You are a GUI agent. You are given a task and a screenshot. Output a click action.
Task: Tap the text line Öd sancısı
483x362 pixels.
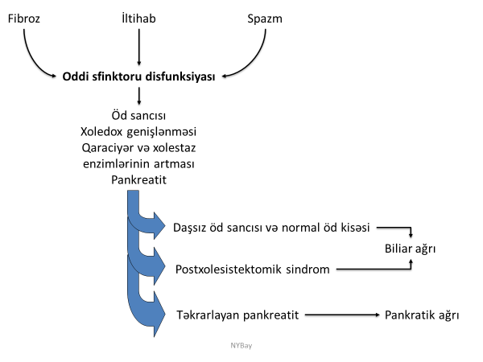point(140,116)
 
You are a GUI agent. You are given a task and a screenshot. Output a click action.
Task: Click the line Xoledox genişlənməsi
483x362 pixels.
point(140,131)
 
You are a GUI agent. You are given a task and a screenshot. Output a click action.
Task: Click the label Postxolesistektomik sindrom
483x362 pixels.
point(252,269)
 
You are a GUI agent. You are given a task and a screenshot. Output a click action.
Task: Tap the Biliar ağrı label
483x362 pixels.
point(410,250)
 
